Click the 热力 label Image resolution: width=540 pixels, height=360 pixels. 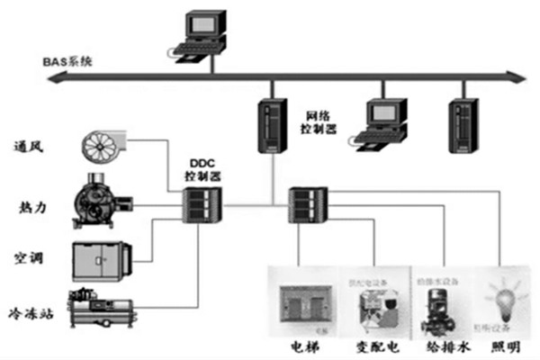pyautogui.click(x=31, y=207)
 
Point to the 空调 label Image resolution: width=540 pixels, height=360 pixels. pyautogui.click(x=31, y=259)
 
